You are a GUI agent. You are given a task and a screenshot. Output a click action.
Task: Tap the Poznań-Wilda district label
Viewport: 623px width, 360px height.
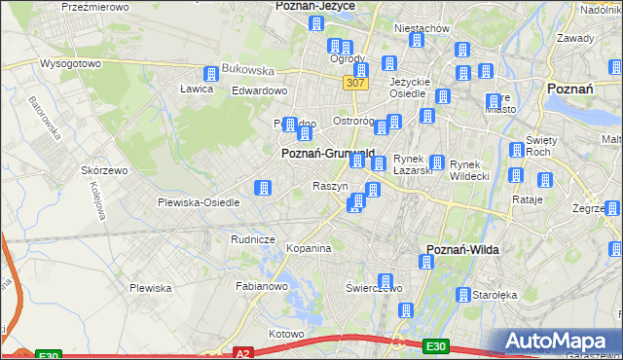pyautogui.click(x=463, y=250)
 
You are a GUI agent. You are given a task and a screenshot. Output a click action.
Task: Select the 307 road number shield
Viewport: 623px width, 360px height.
pyautogui.click(x=353, y=85)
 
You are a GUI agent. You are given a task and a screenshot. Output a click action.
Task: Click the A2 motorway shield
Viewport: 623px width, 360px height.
pyautogui.click(x=243, y=353)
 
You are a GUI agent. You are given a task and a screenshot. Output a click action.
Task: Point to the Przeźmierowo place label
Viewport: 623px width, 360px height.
pyautogui.click(x=95, y=6)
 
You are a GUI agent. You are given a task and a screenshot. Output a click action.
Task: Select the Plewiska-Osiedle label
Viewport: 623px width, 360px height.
pyautogui.click(x=199, y=202)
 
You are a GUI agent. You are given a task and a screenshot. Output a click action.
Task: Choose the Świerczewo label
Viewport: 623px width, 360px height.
pyautogui.click(x=374, y=288)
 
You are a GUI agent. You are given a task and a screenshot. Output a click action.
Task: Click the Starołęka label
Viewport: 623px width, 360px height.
pyautogui.click(x=495, y=294)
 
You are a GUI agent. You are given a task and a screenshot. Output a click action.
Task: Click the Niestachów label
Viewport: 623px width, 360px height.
pyautogui.click(x=421, y=28)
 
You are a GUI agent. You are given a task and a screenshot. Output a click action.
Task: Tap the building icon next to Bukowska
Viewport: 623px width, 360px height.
pyautogui.click(x=210, y=74)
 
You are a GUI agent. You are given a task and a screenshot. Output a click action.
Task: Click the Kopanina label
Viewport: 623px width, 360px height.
pyautogui.click(x=310, y=249)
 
